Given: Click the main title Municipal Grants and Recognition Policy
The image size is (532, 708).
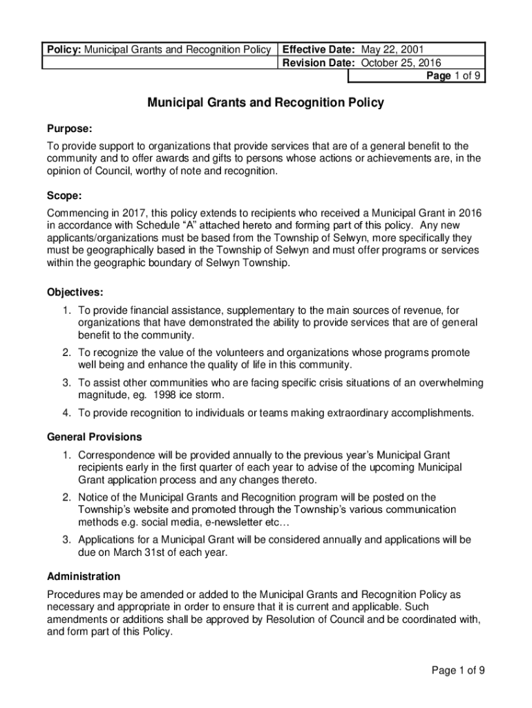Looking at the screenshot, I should click(x=265, y=103).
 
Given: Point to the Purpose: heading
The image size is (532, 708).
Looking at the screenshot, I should click(x=69, y=129).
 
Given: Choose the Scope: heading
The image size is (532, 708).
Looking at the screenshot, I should click(x=64, y=196).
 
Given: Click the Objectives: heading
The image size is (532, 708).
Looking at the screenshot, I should click(x=75, y=292).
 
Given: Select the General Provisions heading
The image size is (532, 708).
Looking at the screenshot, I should click(x=94, y=437).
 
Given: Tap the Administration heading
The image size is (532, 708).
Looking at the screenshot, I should click(x=83, y=576).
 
